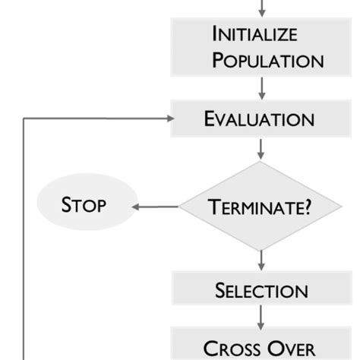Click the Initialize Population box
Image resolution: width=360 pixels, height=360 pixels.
click(x=261, y=46)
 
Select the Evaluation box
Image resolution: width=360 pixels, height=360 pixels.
click(x=261, y=118)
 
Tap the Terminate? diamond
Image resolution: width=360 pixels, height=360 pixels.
click(x=261, y=205)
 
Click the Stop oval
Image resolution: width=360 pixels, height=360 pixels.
click(x=84, y=204)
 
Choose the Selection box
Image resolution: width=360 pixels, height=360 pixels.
click(x=261, y=289)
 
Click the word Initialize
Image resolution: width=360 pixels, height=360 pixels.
click(x=255, y=34)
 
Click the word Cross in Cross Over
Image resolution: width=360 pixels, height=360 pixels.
click(x=232, y=348)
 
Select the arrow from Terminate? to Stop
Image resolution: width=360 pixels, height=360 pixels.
click(x=156, y=205)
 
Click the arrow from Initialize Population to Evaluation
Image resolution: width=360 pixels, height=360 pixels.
click(x=261, y=87)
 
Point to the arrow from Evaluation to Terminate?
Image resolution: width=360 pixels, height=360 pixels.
click(x=261, y=148)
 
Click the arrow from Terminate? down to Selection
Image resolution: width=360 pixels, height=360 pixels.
click(x=261, y=260)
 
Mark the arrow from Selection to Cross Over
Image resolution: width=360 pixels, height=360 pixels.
click(x=261, y=317)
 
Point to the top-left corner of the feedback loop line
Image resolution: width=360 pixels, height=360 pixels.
click(x=26, y=118)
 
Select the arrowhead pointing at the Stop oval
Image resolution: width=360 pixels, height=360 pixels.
click(x=136, y=205)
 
